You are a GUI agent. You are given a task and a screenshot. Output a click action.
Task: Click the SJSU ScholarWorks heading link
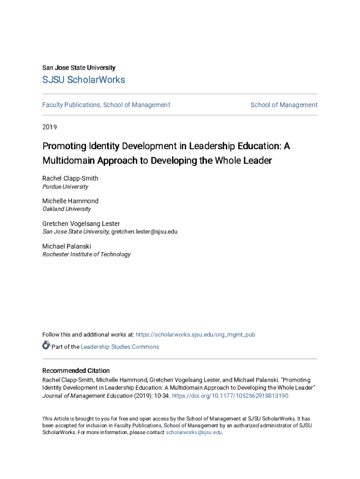(84, 80)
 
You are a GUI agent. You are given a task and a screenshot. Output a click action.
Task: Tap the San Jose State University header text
(79, 68)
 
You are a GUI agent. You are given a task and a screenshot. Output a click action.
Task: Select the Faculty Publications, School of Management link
(106, 105)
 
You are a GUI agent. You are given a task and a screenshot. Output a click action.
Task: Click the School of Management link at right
(284, 105)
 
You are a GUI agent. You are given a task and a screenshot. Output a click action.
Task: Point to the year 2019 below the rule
(50, 127)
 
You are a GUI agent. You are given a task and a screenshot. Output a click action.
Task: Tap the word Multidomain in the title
(68, 161)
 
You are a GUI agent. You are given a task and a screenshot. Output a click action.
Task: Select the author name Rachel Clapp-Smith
(70, 179)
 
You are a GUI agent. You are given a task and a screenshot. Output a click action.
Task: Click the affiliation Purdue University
(65, 187)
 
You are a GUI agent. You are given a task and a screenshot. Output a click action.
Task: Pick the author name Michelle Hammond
(70, 201)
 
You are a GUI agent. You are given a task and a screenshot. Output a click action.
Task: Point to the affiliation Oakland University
(66, 209)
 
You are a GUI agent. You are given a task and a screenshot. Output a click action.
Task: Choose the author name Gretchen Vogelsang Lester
(81, 224)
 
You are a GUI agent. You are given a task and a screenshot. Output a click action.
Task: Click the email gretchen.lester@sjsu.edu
(144, 232)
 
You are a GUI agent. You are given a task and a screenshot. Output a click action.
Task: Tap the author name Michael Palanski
(66, 247)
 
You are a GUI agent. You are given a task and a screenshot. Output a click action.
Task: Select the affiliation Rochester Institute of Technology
(86, 254)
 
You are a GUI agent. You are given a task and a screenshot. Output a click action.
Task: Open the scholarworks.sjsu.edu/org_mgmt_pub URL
(195, 335)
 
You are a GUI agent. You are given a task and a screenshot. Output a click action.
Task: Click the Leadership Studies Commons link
(120, 347)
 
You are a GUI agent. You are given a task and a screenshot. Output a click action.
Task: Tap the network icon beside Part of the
(46, 346)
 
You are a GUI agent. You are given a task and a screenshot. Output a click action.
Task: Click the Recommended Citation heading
(76, 371)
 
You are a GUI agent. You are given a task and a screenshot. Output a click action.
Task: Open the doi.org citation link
(230, 396)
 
